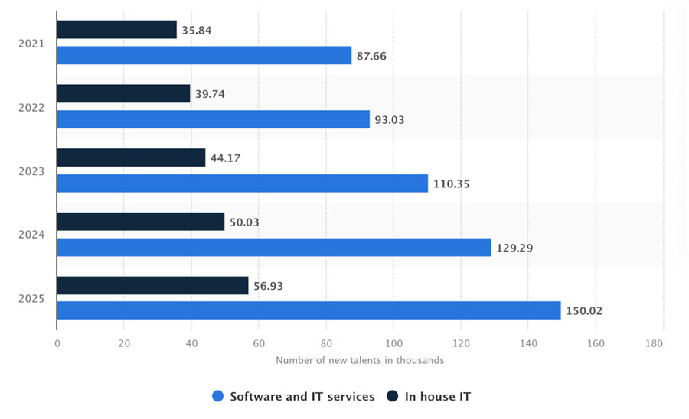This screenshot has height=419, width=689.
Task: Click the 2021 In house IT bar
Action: (x=117, y=30)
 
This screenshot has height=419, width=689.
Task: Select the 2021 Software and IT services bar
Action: (x=204, y=55)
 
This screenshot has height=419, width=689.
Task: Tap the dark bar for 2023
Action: (x=132, y=158)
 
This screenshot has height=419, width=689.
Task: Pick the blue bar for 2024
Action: (x=274, y=247)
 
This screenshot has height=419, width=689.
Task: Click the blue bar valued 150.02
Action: (x=309, y=310)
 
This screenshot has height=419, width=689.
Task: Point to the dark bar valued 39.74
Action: (x=124, y=93)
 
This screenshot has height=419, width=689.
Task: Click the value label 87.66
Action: (x=372, y=56)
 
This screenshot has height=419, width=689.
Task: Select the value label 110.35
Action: (x=452, y=184)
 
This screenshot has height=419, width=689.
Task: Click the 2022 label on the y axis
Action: (x=31, y=107)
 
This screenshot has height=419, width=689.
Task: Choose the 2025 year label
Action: (x=31, y=298)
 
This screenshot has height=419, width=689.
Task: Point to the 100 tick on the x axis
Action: (x=393, y=343)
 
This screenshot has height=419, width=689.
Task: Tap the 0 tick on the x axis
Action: (x=57, y=343)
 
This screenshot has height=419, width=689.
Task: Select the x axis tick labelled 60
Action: (x=259, y=343)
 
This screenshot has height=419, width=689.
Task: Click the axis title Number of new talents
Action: (x=360, y=360)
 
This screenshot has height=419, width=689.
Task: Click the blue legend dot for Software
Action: (x=217, y=396)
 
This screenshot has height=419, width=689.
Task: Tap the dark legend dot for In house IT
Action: (x=393, y=396)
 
